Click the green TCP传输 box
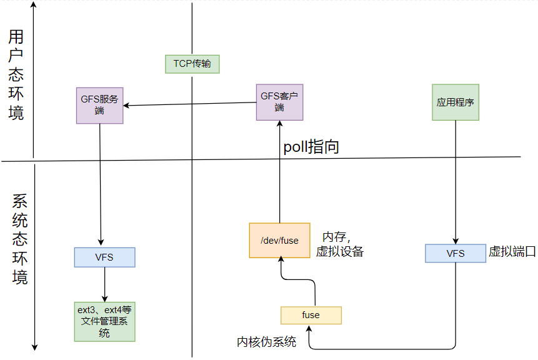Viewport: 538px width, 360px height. (192, 64)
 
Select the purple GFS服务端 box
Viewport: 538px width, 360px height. (99, 105)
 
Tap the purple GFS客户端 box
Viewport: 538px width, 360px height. (279, 102)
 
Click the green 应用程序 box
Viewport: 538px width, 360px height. (456, 102)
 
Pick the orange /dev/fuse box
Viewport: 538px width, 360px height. (279, 240)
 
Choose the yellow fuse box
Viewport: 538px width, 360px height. (311, 315)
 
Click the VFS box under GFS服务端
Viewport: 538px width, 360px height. (104, 257)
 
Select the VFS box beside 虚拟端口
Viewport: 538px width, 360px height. (455, 253)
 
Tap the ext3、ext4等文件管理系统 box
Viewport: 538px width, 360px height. (104, 321)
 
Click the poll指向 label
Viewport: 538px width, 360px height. (311, 147)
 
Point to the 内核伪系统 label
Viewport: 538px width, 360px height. (266, 342)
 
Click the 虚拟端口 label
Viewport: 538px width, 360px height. (512, 252)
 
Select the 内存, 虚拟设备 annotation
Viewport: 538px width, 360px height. (339, 244)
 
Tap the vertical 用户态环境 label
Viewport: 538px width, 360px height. (16, 75)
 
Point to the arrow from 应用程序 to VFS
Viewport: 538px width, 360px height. (456, 181)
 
